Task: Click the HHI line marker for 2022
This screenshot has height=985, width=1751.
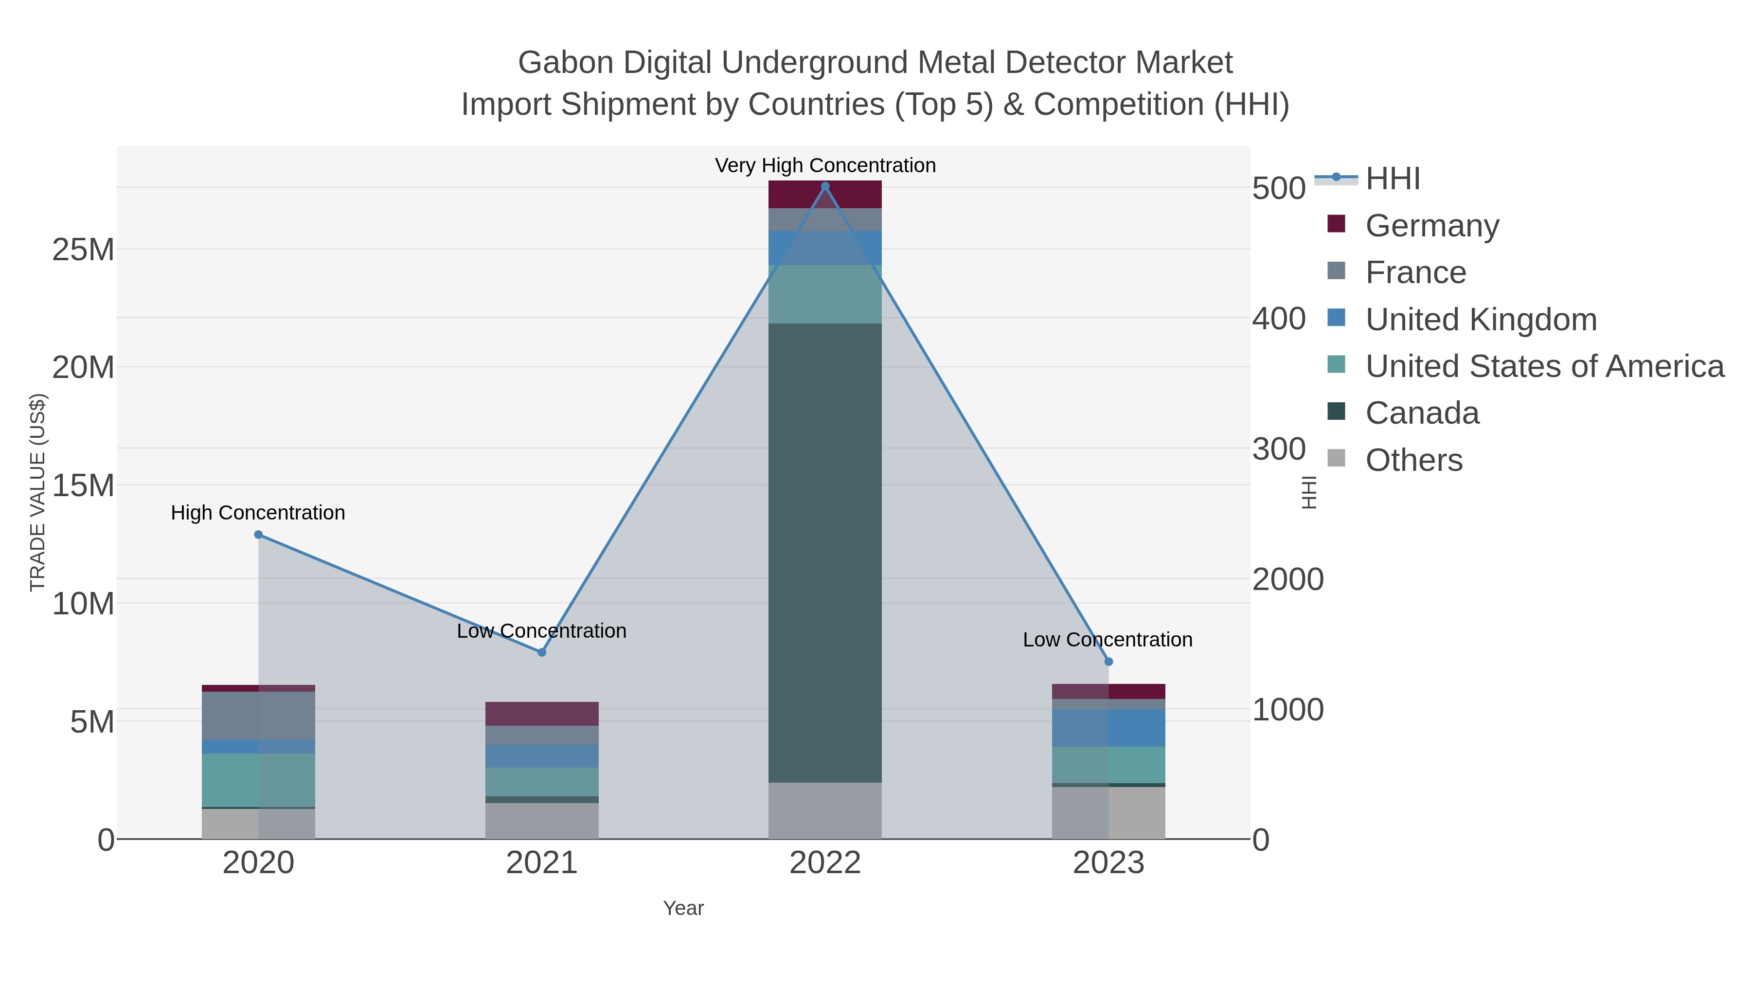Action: [825, 186]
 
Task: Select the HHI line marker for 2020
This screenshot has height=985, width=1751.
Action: [258, 535]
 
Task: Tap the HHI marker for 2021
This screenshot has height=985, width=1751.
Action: [542, 653]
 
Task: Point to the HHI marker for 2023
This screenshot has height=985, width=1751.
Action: [1108, 662]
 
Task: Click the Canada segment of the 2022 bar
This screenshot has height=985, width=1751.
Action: [825, 552]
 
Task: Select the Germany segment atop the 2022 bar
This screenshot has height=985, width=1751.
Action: [825, 195]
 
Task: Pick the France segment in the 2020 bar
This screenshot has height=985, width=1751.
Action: [258, 715]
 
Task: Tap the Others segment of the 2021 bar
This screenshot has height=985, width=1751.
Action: [542, 821]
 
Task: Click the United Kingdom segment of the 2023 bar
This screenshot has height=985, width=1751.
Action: [1108, 727]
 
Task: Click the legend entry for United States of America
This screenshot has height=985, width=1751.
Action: [1544, 366]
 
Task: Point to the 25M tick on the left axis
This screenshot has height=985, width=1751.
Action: [83, 250]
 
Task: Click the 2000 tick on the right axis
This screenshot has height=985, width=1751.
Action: [1288, 580]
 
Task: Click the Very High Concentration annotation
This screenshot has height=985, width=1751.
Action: [825, 166]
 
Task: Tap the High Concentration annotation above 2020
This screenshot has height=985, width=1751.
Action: [258, 513]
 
